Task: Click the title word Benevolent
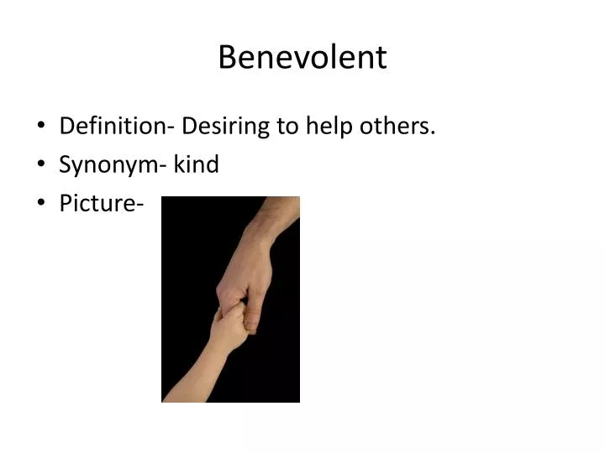point(302,58)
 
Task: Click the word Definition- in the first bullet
point(117,127)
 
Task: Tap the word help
point(328,127)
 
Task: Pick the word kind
point(197,164)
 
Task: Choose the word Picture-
point(97,203)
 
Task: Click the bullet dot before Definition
point(42,128)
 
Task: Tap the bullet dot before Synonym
point(42,165)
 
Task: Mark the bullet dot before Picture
point(42,204)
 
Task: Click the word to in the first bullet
point(288,127)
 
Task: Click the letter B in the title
point(227,58)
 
